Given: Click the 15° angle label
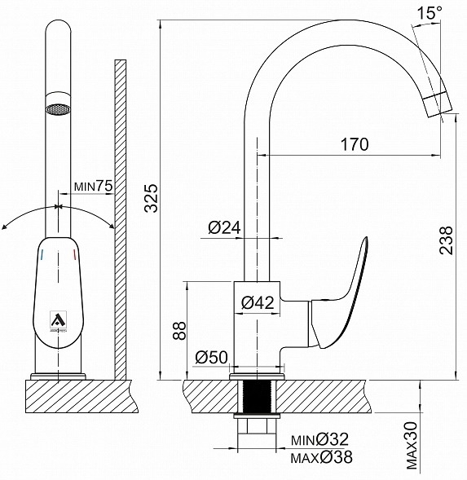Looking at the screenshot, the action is click(430, 13).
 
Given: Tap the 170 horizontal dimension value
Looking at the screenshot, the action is click(355, 144).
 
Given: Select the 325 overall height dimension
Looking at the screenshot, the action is click(152, 198).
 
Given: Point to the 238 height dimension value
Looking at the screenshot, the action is click(446, 240).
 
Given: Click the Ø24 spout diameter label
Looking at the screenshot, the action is click(224, 227).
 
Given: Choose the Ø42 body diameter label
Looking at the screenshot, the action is click(258, 303).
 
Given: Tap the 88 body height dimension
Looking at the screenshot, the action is click(179, 330).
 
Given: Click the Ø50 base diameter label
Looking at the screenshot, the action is click(212, 357).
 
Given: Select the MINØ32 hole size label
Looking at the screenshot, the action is click(319, 439).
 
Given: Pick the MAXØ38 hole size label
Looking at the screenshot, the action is click(322, 457).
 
